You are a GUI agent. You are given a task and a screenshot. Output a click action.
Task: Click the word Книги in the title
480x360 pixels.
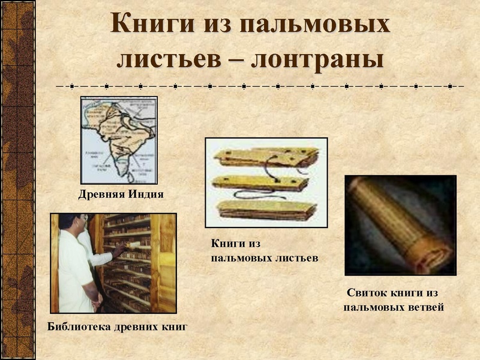[x=148, y=25]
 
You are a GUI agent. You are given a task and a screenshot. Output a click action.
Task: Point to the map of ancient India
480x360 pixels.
[x=119, y=140]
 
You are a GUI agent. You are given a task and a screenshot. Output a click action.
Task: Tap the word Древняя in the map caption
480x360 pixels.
[x=99, y=194]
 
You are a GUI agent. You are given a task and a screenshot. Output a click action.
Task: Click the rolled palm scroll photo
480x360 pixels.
[x=400, y=224]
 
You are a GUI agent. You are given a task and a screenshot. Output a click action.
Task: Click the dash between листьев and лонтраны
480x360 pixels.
[x=243, y=60]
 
